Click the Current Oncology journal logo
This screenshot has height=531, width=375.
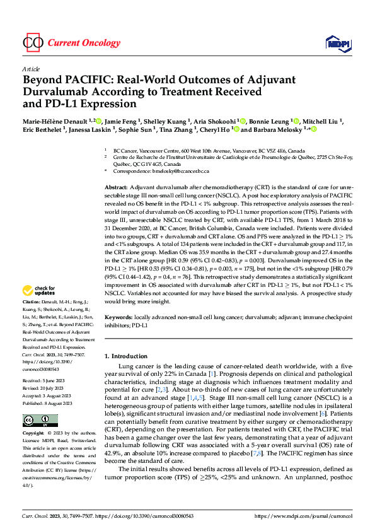click(71, 43)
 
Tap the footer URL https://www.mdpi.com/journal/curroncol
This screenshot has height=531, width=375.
click(305, 515)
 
